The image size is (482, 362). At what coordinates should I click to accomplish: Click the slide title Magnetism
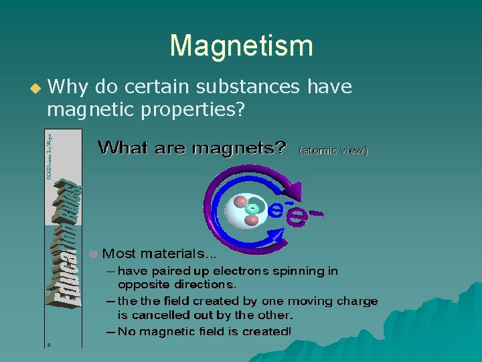pos(241,46)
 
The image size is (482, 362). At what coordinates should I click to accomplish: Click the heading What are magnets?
pos(192,147)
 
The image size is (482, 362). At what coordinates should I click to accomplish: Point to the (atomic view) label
pos(333,151)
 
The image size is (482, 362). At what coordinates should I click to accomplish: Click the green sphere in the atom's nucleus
pos(252,208)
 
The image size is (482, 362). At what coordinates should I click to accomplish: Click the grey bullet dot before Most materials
pos(94,253)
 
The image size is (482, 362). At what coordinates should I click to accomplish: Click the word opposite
pos(142,284)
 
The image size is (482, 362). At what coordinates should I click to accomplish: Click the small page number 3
pos(48,345)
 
